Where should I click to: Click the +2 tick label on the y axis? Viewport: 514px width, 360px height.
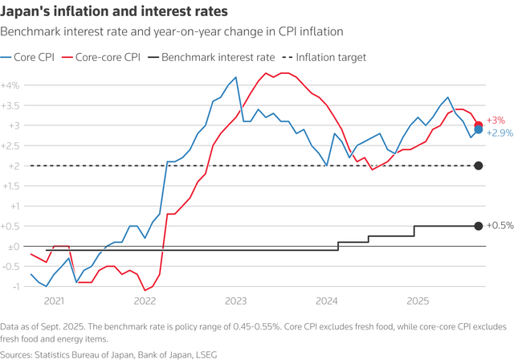tap(13, 166)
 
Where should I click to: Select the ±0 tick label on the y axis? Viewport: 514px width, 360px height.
tap(13, 246)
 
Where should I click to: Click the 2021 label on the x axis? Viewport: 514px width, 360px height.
tap(54, 301)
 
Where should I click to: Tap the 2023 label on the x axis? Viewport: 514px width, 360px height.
tap(235, 301)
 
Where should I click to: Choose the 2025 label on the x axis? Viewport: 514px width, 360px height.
tap(418, 301)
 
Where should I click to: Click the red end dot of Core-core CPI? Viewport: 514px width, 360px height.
tap(478, 125)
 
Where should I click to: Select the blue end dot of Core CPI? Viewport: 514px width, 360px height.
tap(478, 129)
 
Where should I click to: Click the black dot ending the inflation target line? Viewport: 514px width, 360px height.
tap(478, 166)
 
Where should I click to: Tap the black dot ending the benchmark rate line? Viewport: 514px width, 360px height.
tap(478, 226)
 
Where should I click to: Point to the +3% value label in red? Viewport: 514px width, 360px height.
tap(496, 120)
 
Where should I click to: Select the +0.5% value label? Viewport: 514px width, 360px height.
tap(500, 226)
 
